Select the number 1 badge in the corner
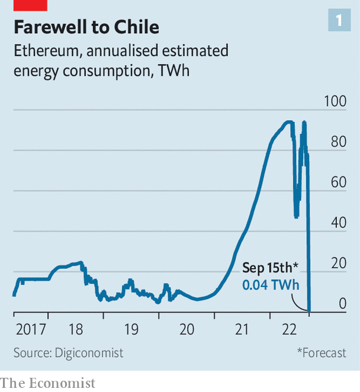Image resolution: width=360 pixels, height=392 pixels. [x=339, y=21]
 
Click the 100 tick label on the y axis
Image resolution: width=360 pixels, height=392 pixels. [x=335, y=101]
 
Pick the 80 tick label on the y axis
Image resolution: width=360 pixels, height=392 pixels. [x=338, y=142]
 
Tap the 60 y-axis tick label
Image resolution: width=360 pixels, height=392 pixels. [x=338, y=182]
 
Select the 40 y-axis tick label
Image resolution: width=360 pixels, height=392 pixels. [x=338, y=223]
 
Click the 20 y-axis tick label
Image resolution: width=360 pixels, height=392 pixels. [x=338, y=264]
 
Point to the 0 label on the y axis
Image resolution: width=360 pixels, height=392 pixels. [x=342, y=304]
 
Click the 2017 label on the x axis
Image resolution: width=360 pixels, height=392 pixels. [x=27, y=329]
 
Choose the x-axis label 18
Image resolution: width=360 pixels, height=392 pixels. [x=76, y=329]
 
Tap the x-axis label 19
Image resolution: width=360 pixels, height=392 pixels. [x=131, y=329]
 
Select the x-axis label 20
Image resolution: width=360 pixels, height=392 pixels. [x=187, y=329]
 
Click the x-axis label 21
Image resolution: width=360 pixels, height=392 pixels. [x=242, y=329]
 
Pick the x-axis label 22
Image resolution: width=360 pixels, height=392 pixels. [x=290, y=329]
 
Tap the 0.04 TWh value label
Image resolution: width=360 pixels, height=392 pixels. [x=271, y=285]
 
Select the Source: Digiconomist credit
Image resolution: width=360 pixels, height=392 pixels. [x=68, y=353]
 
